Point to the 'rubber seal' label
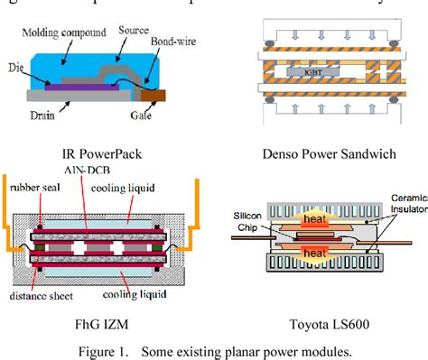pos(34,189)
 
